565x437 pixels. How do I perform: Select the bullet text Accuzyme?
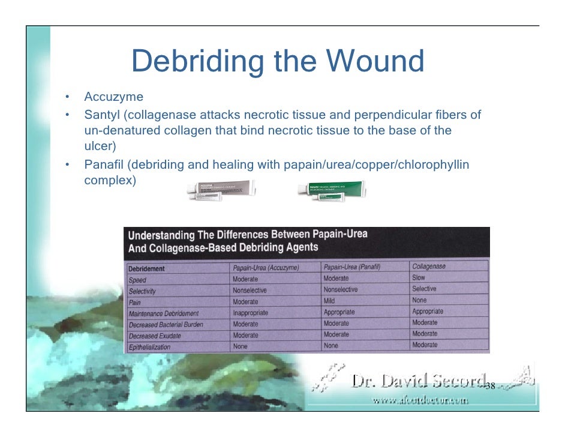point(113,97)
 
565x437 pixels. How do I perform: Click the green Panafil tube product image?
point(332,190)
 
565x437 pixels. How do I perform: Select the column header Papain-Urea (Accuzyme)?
point(266,268)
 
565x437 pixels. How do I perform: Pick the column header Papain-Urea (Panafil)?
point(352,267)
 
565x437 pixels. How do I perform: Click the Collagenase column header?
point(429,266)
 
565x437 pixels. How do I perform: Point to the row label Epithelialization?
point(149,347)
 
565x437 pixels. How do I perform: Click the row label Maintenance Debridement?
point(163,313)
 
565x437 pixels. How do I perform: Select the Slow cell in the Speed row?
point(419,278)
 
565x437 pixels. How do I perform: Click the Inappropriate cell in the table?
point(250,313)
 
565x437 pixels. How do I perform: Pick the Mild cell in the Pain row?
point(329,301)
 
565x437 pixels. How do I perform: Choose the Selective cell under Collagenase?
point(424,289)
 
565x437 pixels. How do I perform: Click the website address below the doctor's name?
point(419,400)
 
